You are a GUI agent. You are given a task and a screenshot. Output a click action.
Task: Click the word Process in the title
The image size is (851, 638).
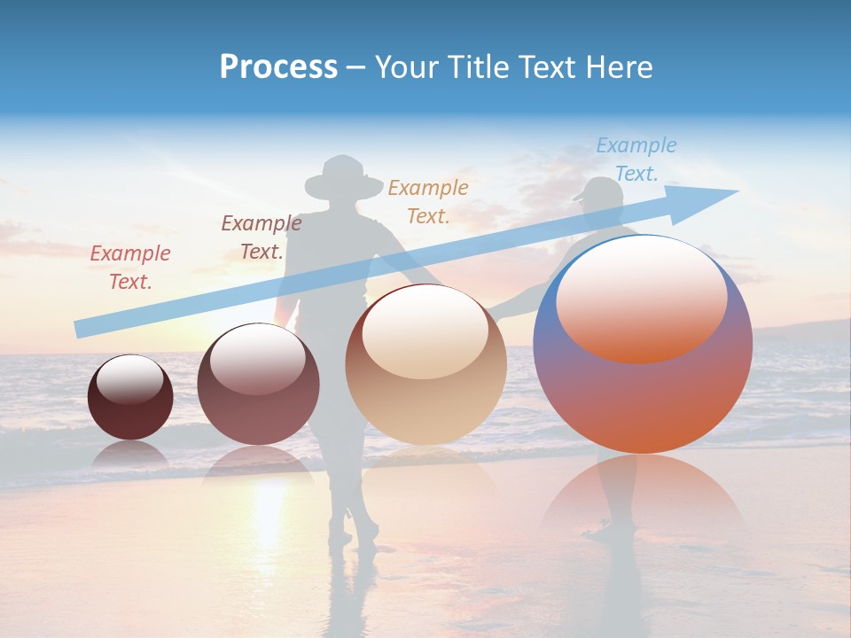[x=278, y=67]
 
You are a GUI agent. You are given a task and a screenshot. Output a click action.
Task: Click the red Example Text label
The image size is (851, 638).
[x=130, y=267]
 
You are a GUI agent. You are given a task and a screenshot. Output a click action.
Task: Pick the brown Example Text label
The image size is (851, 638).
[x=262, y=237]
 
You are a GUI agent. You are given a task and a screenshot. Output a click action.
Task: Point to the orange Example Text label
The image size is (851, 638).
[x=428, y=201]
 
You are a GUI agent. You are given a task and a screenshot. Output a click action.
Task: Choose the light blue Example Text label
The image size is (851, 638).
[x=636, y=159]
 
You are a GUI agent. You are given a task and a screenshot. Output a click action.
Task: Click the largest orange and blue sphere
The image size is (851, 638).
[x=643, y=390]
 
